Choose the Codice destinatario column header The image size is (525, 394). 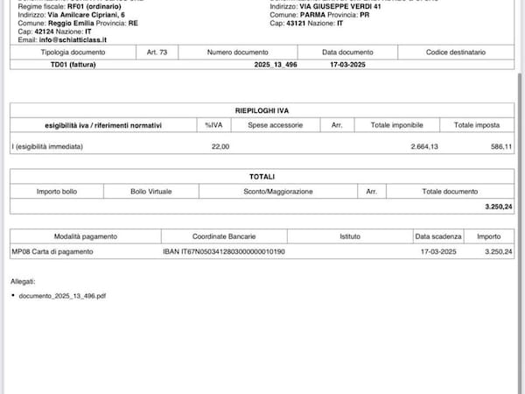coord(455,53)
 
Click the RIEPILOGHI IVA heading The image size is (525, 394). coord(262,111)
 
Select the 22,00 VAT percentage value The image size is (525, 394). coord(220,146)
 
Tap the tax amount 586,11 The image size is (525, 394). coord(501,146)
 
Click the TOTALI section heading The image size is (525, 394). coord(262,177)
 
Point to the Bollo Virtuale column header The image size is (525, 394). coord(151,191)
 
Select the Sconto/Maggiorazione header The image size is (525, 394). coord(276,191)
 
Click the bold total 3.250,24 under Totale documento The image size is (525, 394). coord(498,206)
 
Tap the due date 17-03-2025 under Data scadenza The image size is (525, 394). coord(436,251)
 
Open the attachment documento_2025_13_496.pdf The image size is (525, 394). coord(62,296)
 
